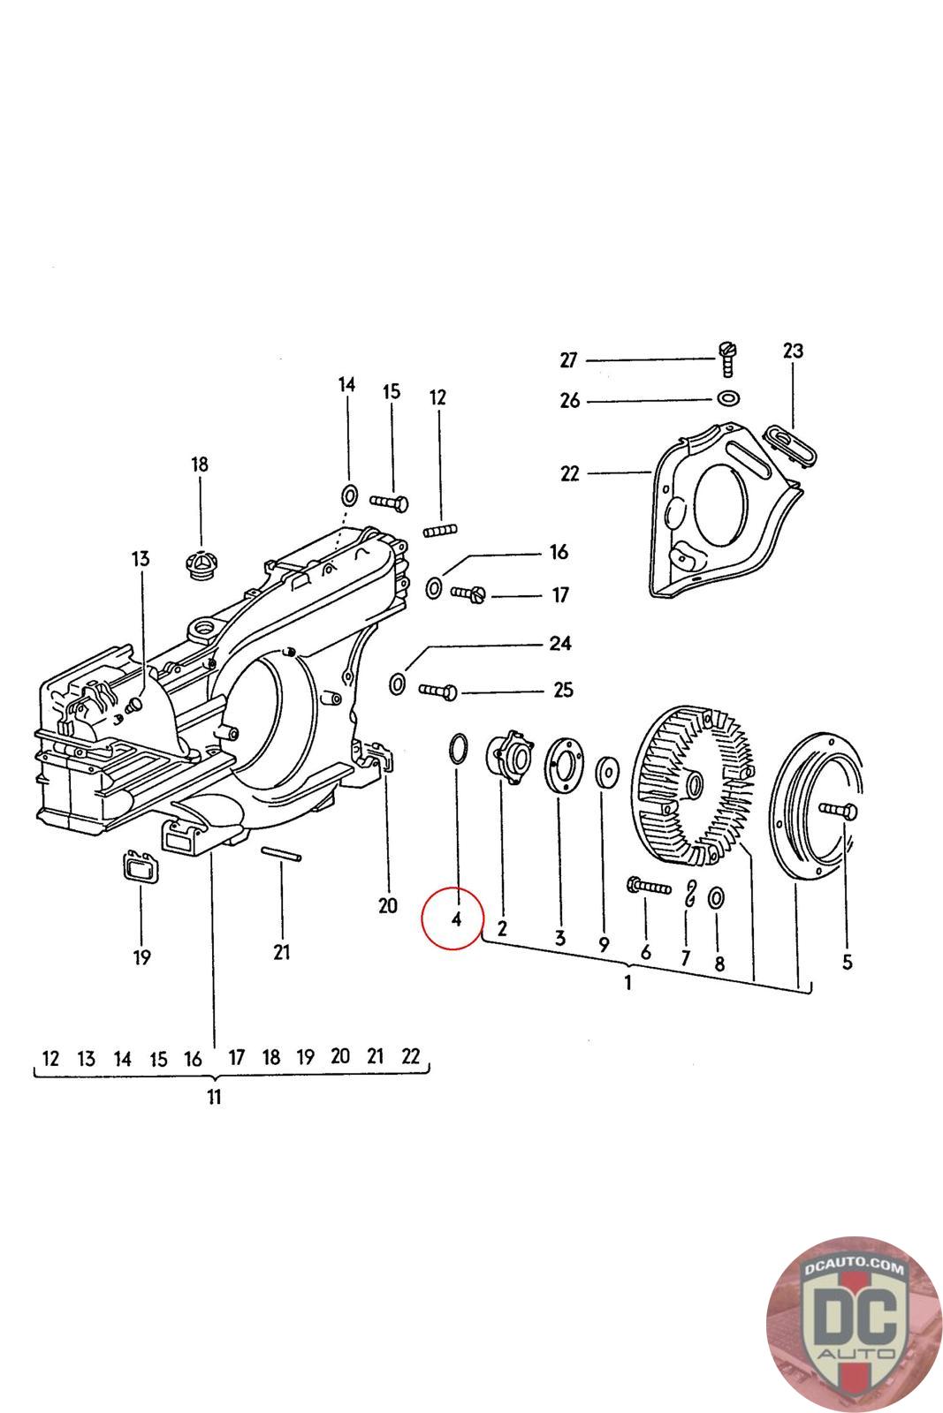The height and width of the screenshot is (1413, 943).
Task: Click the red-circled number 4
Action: [x=456, y=919]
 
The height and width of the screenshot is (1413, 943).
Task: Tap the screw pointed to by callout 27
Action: [x=728, y=359]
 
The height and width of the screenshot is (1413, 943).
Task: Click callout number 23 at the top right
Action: [x=793, y=351]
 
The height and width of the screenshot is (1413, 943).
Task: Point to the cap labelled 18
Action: [x=201, y=562]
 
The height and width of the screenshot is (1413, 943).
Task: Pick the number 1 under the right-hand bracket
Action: [x=627, y=983]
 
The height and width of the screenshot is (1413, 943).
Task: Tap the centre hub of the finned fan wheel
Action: [x=690, y=782]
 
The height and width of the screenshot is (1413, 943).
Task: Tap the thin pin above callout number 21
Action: [x=283, y=852]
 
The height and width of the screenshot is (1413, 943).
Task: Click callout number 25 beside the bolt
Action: [x=563, y=690]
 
